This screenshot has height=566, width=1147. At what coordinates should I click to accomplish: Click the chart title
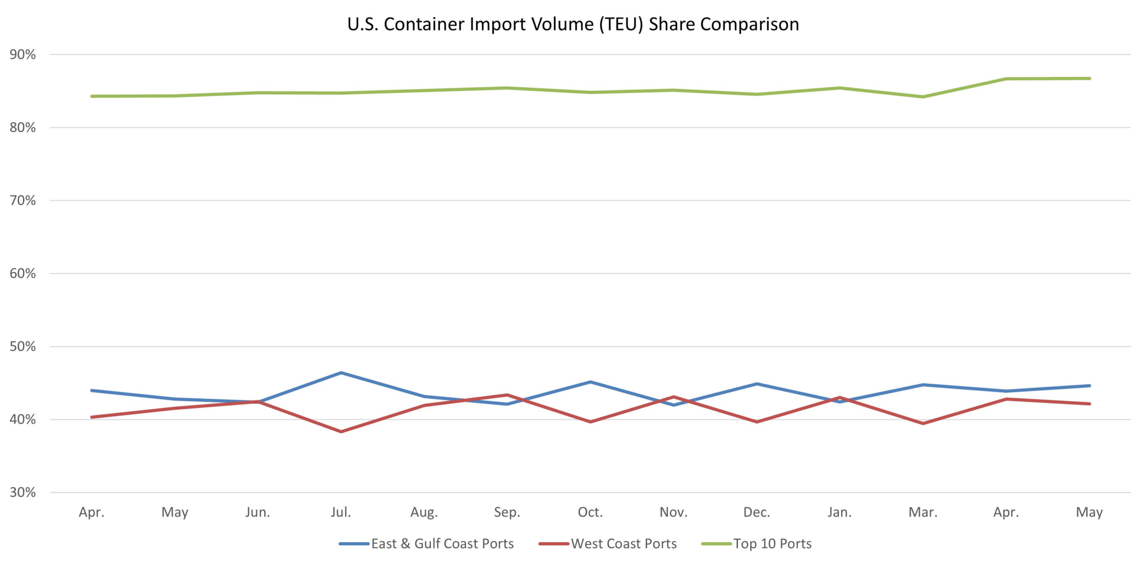[x=573, y=24]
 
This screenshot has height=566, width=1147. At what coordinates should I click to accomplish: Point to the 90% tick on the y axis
[x=22, y=55]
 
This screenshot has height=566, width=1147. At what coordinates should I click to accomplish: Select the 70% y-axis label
[x=22, y=201]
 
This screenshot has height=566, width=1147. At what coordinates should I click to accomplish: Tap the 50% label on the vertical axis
[x=22, y=347]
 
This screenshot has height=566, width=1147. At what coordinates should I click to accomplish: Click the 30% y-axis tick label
[x=22, y=493]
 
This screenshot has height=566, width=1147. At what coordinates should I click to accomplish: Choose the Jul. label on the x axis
[x=341, y=512]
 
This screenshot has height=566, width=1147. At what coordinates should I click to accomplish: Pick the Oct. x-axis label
[x=590, y=512]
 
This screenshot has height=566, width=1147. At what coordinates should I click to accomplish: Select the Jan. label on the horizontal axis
[x=840, y=512]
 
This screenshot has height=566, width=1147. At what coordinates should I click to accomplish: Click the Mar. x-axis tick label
[x=923, y=512]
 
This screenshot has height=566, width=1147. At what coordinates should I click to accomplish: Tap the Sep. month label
[x=507, y=512]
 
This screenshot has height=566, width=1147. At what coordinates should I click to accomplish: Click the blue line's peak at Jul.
[x=341, y=373]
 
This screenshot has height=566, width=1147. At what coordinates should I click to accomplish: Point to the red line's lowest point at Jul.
[x=341, y=432]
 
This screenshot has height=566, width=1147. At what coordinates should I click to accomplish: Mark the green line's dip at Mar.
[x=923, y=97]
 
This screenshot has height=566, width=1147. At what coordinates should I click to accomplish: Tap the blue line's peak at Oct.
[x=590, y=382]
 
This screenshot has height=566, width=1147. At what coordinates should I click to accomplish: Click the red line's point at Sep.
[x=507, y=395]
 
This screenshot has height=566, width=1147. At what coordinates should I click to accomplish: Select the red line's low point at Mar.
[x=923, y=423]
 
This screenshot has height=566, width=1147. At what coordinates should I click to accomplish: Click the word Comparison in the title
[x=750, y=24]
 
